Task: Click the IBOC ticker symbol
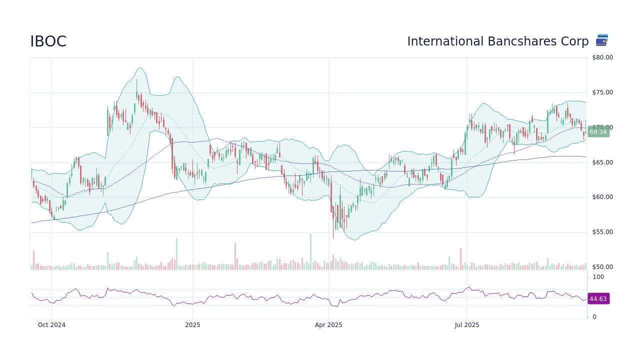(48, 42)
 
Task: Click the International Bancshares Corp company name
(497, 41)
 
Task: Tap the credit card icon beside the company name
(602, 40)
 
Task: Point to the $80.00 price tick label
(602, 57)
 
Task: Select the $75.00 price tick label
(602, 92)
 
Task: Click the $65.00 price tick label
(602, 162)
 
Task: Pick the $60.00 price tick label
(602, 197)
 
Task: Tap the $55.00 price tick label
(602, 232)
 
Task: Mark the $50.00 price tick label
(602, 267)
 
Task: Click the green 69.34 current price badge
(598, 132)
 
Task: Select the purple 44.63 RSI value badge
(598, 299)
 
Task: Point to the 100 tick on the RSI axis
(598, 277)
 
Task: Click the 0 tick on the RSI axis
(594, 317)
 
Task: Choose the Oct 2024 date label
(51, 325)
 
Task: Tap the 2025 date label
(192, 325)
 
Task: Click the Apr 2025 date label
(328, 325)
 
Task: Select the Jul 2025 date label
(467, 325)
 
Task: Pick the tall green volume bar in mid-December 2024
(176, 254)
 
